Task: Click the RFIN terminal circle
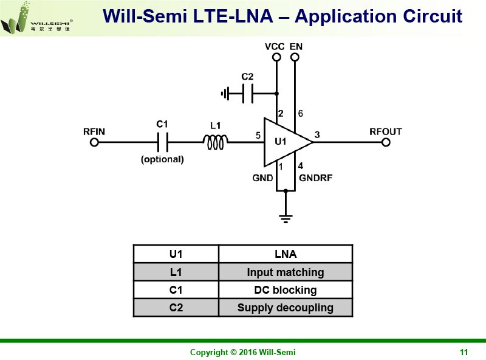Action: [x=94, y=142]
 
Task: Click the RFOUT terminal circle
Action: [x=386, y=142]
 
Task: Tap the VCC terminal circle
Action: [x=276, y=58]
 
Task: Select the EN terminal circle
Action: [x=295, y=58]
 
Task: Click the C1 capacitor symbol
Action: [x=162, y=142]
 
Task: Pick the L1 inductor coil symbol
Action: [x=215, y=142]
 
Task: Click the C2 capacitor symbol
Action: [x=247, y=94]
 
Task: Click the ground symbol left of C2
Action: [x=226, y=94]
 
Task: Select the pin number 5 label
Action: [x=259, y=136]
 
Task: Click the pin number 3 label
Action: [x=317, y=134]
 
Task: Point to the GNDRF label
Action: [x=315, y=178]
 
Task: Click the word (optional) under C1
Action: [x=162, y=159]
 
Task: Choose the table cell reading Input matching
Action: [x=285, y=272]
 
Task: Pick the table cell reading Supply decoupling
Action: [x=285, y=308]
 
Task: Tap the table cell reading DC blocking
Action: [x=285, y=290]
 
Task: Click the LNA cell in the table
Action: [x=285, y=254]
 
